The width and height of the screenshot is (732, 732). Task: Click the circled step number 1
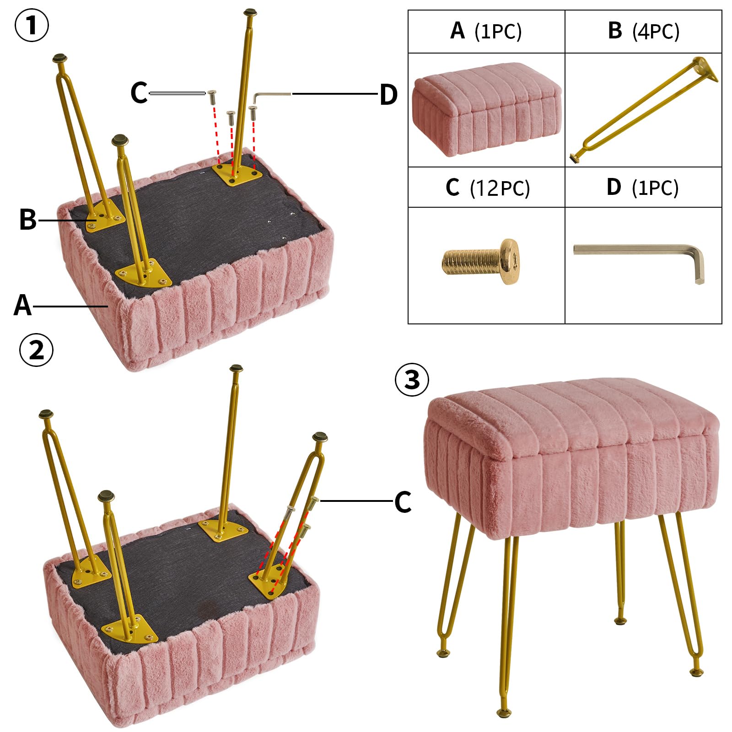[32, 26]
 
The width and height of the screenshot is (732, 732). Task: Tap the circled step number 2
[36, 350]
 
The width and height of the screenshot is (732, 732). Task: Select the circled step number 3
[412, 380]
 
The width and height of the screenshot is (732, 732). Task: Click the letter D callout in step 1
[388, 95]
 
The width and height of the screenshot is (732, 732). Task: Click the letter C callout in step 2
[403, 502]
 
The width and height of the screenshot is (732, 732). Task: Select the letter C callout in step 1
[139, 93]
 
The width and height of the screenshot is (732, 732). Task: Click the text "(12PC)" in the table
[500, 188]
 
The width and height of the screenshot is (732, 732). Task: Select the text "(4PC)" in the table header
[656, 32]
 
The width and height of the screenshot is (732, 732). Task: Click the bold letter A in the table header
[457, 31]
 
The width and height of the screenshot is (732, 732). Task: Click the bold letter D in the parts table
[614, 187]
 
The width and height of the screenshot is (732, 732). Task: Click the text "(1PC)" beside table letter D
[655, 188]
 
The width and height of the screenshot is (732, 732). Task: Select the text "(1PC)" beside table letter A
[498, 32]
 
